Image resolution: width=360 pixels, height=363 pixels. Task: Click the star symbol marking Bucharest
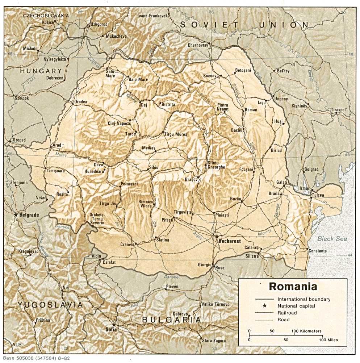[217, 237]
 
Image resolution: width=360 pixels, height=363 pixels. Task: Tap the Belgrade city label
[29, 215]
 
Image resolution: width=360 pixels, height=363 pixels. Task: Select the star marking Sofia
[114, 325]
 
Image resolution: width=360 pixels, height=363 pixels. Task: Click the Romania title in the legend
[293, 287]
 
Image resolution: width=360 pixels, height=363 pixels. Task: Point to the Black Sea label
[332, 239]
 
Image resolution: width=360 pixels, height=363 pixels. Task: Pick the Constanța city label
[317, 251]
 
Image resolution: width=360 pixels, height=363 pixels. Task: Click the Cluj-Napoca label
[119, 123]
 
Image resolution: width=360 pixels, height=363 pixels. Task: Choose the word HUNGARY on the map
[41, 71]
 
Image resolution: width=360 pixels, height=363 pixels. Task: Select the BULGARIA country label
[171, 320]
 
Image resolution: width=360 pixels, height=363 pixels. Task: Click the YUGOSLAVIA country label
[50, 305]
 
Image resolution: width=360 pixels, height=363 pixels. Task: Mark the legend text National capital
[296, 306]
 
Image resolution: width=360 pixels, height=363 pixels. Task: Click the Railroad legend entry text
[287, 313]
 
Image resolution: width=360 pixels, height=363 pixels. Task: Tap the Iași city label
[261, 103]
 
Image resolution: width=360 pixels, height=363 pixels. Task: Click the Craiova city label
[127, 245]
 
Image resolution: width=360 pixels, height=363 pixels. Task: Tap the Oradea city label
[80, 102]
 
